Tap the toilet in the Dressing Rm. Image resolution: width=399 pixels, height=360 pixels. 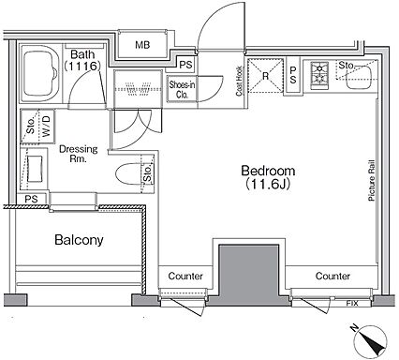click(x=128, y=174)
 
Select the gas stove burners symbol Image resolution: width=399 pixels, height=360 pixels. click(x=319, y=74)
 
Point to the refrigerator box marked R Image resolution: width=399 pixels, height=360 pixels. click(x=265, y=76)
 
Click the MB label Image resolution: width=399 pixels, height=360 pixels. click(x=142, y=45)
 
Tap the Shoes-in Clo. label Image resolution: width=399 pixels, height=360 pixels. click(x=182, y=89)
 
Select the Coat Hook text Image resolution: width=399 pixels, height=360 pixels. click(x=239, y=81)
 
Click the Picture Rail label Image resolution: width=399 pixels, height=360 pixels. click(x=371, y=180)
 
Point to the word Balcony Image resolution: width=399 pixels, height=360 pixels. click(x=79, y=240)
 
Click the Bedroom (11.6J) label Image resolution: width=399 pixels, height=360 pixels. click(x=268, y=177)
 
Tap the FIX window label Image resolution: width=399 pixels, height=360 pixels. click(x=352, y=303)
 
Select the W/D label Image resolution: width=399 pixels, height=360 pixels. click(x=46, y=126)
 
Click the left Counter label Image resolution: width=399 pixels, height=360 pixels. click(x=185, y=277)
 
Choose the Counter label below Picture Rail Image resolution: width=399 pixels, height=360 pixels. click(x=332, y=276)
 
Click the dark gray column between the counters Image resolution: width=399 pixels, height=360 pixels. click(x=248, y=275)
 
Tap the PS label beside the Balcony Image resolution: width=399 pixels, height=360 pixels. click(x=31, y=199)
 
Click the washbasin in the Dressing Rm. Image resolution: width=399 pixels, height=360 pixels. click(x=35, y=169)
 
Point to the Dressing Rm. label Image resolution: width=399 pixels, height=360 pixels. click(x=79, y=154)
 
